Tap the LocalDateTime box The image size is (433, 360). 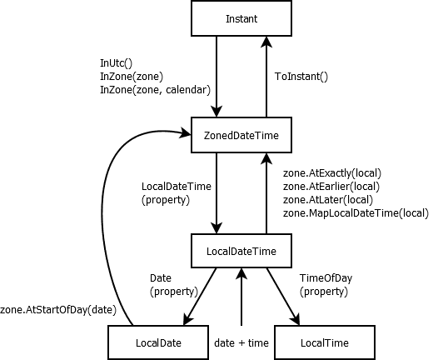coord(241,249)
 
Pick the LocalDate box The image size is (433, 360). coord(157,342)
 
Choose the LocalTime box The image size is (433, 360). coord(324,342)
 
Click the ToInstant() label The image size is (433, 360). coord(301,77)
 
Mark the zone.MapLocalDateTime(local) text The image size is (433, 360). coord(356,213)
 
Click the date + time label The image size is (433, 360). coord(241,342)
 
